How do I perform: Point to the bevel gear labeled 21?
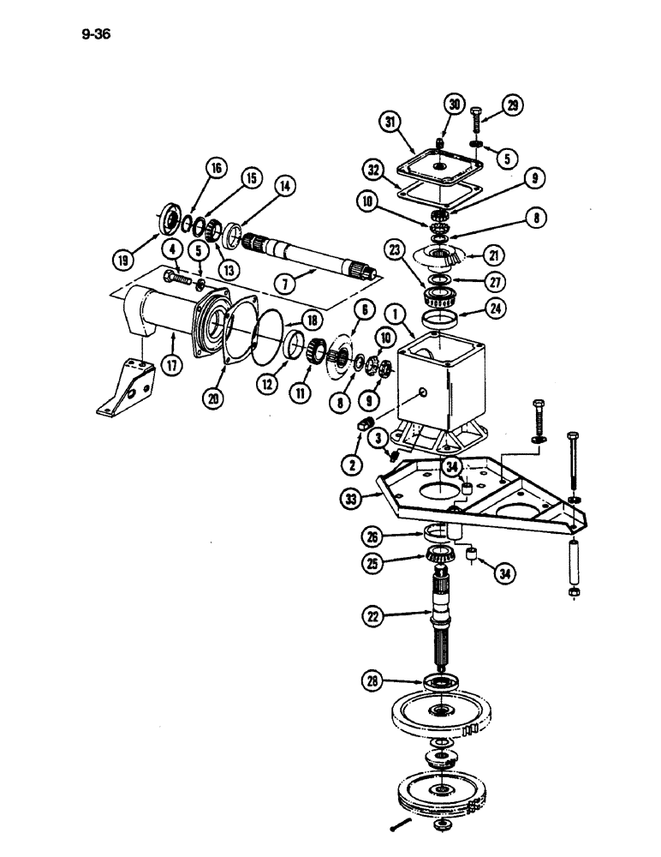(448, 254)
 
